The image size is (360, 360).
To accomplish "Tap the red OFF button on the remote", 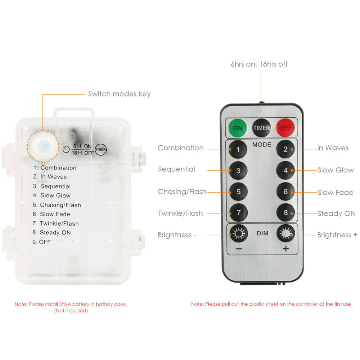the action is click(x=285, y=128).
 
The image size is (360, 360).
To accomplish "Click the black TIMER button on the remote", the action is click(x=261, y=128).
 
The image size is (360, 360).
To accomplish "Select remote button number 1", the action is click(x=238, y=149).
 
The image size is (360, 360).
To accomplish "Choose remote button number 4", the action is click(x=285, y=170).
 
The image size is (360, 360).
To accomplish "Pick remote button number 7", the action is click(x=239, y=213).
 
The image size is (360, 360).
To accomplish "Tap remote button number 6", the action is click(x=285, y=192).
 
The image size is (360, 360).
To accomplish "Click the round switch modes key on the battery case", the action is click(x=43, y=146).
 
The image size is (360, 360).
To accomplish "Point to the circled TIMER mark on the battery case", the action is click(x=100, y=150).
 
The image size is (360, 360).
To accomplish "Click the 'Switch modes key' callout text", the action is click(x=120, y=94).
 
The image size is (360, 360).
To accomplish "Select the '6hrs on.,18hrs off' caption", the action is click(x=259, y=64).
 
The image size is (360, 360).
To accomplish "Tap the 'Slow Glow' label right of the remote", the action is click(x=336, y=170).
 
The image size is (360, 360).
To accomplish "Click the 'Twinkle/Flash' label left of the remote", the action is click(x=180, y=213).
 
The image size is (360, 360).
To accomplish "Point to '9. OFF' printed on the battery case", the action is click(x=41, y=242).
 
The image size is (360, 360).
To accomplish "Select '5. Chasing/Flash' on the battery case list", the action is click(x=57, y=205).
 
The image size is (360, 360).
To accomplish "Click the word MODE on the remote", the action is click(x=262, y=145).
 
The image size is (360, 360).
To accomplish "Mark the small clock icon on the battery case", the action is click(x=66, y=149).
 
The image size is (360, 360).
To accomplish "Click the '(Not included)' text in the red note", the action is click(x=71, y=311).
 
